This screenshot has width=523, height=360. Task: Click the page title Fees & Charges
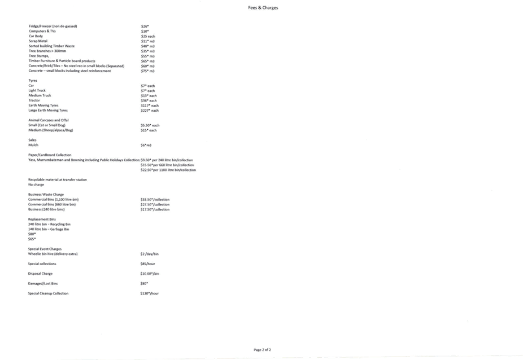tap(263, 8)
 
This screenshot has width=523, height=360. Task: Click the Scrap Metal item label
tap(38, 41)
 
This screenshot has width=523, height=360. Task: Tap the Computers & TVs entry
tap(42, 31)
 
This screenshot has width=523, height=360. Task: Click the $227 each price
tap(150, 111)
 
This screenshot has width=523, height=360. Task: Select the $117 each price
tap(150, 106)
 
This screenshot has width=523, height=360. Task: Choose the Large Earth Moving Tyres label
tap(48, 111)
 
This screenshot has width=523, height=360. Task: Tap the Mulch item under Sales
tap(33, 145)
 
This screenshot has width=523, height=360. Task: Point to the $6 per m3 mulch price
tap(146, 145)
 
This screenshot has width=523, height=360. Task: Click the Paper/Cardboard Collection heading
tap(50, 155)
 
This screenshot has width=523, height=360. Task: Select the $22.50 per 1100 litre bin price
tap(168, 170)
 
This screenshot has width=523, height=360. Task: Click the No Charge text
tap(36, 185)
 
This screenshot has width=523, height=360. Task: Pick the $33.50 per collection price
tap(155, 199)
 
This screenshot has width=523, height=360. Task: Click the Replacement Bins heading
tap(42, 219)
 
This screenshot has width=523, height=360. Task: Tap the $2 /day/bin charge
tap(150, 254)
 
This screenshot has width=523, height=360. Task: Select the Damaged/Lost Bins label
tap(43, 283)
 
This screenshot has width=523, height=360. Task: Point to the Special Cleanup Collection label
tap(49, 293)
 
